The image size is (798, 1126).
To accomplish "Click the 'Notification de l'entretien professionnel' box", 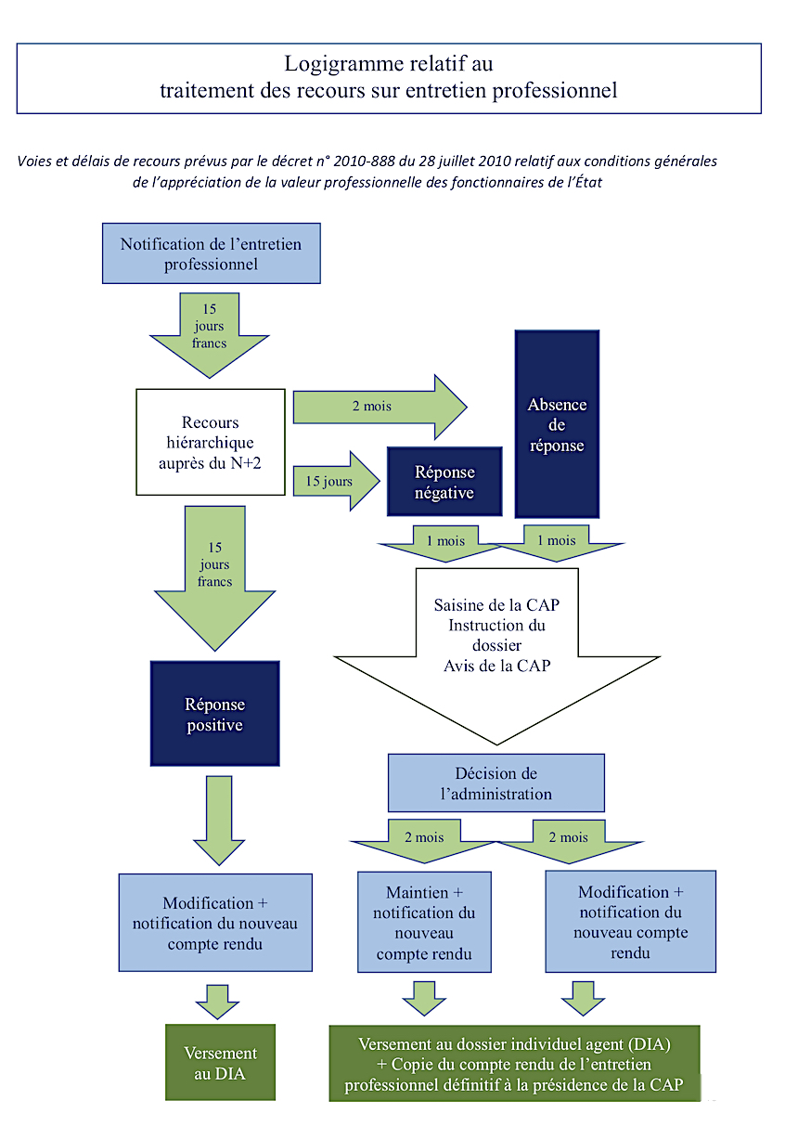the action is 211,253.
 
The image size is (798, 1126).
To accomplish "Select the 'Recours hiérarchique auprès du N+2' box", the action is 211,442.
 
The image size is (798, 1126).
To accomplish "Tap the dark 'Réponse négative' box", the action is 444,482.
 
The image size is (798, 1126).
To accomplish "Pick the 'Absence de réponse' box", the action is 557,424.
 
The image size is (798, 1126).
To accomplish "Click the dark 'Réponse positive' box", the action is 215,714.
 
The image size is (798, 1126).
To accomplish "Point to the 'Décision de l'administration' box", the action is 496,783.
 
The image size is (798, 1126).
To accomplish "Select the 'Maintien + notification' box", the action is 424,923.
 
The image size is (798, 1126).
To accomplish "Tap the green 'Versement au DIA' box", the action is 220,1062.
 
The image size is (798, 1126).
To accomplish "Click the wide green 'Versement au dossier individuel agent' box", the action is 514,1064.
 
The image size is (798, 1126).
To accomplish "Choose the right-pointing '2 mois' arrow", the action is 380,407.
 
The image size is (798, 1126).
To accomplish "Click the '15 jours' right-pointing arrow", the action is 336,481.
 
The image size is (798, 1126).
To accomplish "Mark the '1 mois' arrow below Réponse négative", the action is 445,543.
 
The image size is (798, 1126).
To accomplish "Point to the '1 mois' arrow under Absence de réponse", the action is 557,543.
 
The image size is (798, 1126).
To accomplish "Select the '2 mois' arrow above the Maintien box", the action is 425,840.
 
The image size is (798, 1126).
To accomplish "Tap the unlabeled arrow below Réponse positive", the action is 219,821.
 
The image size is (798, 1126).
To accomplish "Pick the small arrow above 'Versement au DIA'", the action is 217,1002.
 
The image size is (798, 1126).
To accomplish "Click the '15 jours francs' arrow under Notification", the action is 210,335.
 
